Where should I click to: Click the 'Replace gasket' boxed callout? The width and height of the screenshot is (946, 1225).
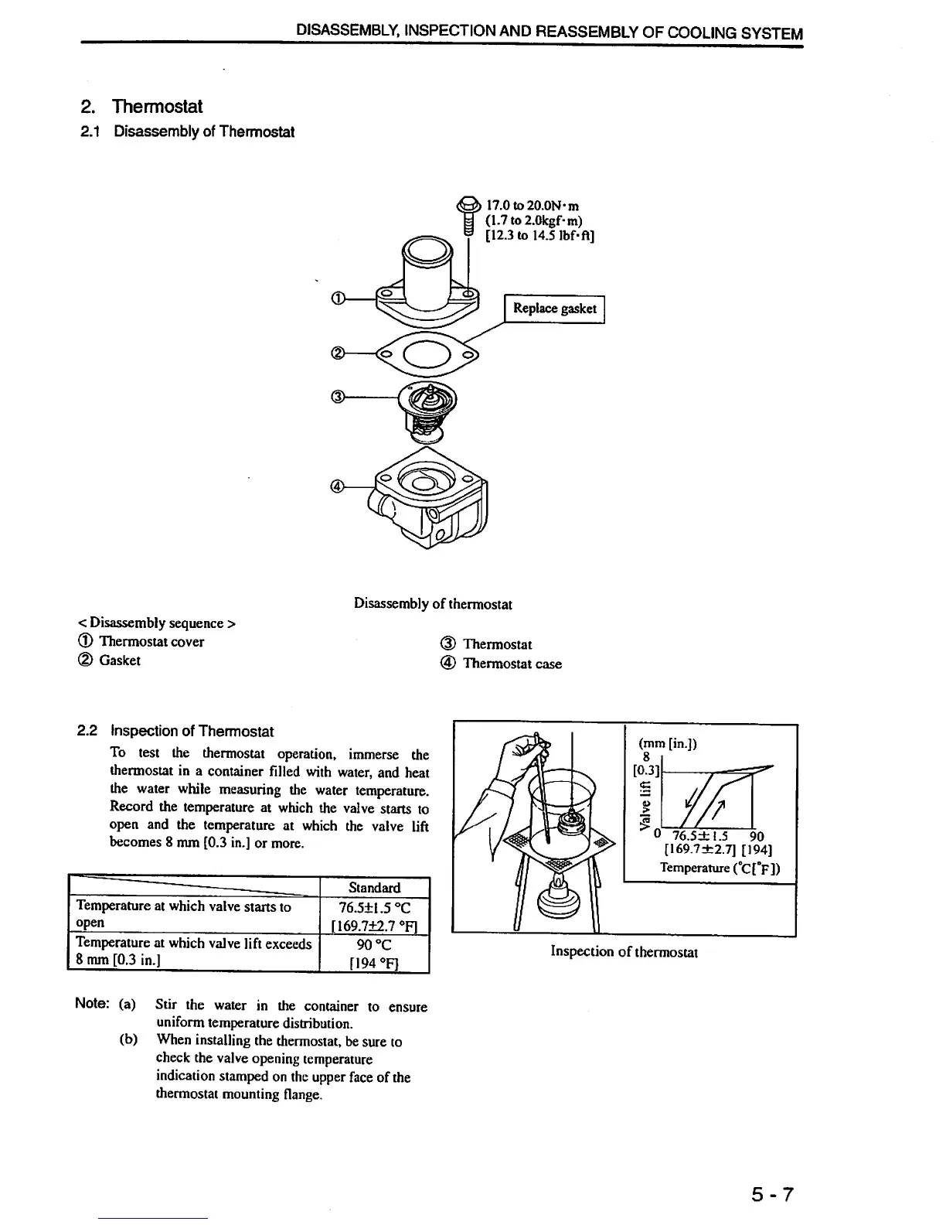[x=554, y=309]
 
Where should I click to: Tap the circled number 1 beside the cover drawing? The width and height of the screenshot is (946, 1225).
[x=338, y=299]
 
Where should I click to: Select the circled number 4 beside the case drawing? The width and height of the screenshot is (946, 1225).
[x=337, y=486]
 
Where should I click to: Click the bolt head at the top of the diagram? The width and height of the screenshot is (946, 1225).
[x=468, y=206]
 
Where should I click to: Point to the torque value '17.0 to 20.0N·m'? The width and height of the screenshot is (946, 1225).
[x=533, y=206]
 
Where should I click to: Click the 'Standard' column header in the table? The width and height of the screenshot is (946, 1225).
[x=374, y=888]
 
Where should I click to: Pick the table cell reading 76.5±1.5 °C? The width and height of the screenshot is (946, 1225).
[x=374, y=907]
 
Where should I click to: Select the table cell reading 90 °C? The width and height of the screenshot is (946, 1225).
[x=374, y=944]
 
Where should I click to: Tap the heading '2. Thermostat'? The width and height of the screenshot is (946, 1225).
[x=141, y=106]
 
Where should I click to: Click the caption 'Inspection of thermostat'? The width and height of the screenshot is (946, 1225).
[x=624, y=951]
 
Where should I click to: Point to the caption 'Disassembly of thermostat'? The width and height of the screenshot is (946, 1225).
[x=433, y=603]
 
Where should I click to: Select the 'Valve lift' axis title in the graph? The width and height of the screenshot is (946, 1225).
[x=645, y=800]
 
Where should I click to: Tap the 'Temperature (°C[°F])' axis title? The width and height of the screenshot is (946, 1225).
[x=720, y=868]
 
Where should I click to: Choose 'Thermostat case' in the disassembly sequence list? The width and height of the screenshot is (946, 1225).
[x=512, y=664]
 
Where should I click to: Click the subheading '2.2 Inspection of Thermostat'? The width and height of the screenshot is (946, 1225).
[x=176, y=731]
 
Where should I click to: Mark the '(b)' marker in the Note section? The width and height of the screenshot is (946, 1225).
[x=128, y=1039]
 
